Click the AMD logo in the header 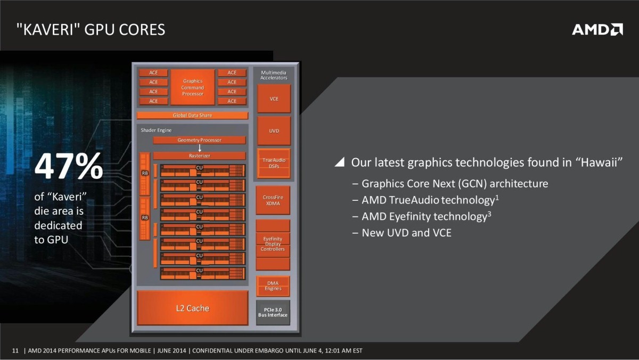click(x=597, y=29)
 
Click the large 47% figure click(x=69, y=167)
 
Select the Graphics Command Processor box click(x=192, y=87)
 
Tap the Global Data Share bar click(x=192, y=115)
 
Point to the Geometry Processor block click(x=199, y=140)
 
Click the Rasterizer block click(x=199, y=156)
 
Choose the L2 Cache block click(x=192, y=308)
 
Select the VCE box click(x=274, y=99)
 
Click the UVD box click(x=274, y=130)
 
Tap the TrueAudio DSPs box click(x=274, y=163)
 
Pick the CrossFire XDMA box click(x=273, y=200)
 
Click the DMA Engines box click(x=273, y=286)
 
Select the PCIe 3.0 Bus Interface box click(x=273, y=313)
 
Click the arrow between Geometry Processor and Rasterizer click(x=199, y=148)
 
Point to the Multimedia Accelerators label click(x=274, y=75)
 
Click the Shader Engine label click(x=156, y=130)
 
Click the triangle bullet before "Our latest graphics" click(x=340, y=162)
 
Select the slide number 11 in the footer click(x=15, y=350)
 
